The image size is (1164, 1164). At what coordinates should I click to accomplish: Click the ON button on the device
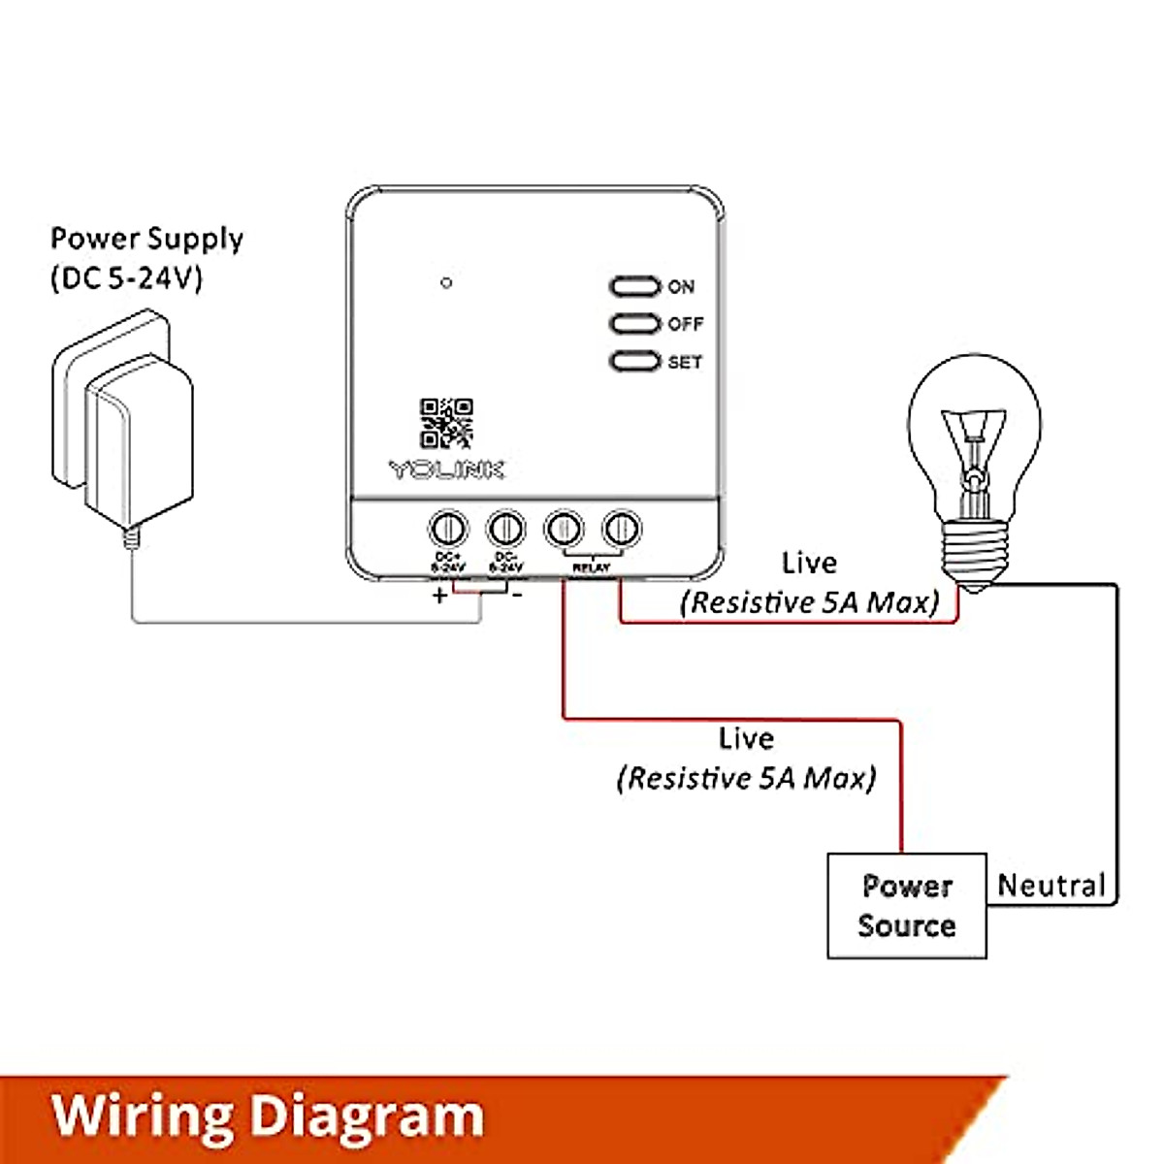coord(635,286)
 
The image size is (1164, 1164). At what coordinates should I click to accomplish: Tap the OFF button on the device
coord(635,323)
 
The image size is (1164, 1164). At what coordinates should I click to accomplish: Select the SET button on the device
coord(635,361)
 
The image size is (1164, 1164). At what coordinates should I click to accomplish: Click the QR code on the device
coord(446,424)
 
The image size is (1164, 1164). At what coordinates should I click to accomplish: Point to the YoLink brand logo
coord(447,469)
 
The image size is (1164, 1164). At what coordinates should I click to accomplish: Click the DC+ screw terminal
coord(447,529)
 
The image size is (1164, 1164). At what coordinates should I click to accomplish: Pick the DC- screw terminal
coord(505,529)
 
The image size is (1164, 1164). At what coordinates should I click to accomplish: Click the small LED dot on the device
coord(446,283)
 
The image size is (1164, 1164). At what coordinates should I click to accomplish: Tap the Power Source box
coord(906,906)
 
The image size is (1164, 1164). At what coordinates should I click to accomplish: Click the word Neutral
coord(1051,886)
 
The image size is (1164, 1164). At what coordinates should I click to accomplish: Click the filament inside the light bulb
coord(971,446)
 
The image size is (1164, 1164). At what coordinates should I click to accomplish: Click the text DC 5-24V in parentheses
coord(127,279)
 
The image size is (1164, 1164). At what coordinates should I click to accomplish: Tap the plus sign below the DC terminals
coord(440,595)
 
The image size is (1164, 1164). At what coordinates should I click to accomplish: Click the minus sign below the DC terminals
coord(517,594)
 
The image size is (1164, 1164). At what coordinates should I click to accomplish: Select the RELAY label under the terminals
coord(592,567)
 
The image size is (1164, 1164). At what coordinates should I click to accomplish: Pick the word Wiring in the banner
coord(142,1116)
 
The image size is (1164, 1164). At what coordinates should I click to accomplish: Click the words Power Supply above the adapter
coord(146,239)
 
